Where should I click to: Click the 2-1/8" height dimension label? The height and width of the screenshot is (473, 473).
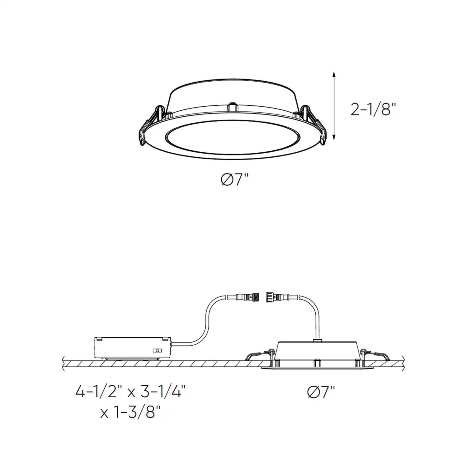[373, 109]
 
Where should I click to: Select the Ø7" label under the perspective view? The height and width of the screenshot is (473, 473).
[235, 180]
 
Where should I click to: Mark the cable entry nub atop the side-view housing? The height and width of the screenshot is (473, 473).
[318, 340]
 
